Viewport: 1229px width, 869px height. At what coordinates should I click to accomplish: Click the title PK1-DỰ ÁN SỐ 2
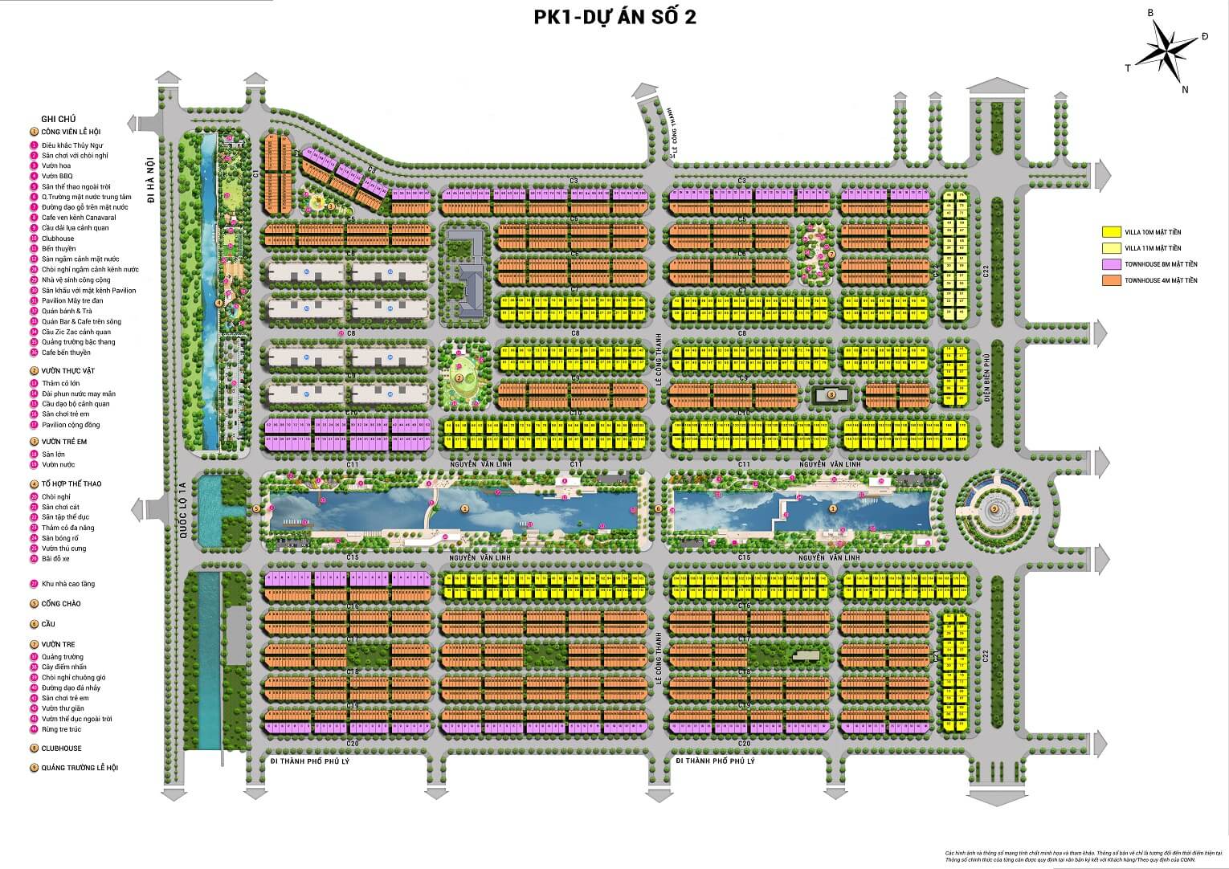[614, 17]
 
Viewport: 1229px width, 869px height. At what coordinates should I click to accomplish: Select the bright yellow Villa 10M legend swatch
[1111, 232]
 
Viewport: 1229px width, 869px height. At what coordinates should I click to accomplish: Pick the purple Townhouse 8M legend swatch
[1111, 264]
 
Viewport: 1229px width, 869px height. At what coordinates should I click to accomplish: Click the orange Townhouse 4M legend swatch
[1111, 280]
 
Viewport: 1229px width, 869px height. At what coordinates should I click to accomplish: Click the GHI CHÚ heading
[58, 119]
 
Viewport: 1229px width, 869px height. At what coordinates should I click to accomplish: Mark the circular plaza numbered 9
[994, 508]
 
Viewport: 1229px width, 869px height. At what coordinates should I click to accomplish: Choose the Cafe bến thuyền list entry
[66, 353]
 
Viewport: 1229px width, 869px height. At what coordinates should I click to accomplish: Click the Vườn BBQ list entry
[57, 176]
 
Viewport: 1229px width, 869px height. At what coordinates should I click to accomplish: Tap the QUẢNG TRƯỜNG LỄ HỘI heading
[80, 768]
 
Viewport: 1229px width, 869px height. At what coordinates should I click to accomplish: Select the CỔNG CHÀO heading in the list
[61, 604]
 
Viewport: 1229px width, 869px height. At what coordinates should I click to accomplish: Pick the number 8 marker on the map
[831, 394]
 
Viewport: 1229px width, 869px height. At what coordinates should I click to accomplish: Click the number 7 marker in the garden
[831, 254]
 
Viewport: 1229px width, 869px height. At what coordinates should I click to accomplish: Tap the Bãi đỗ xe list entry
[57, 558]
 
